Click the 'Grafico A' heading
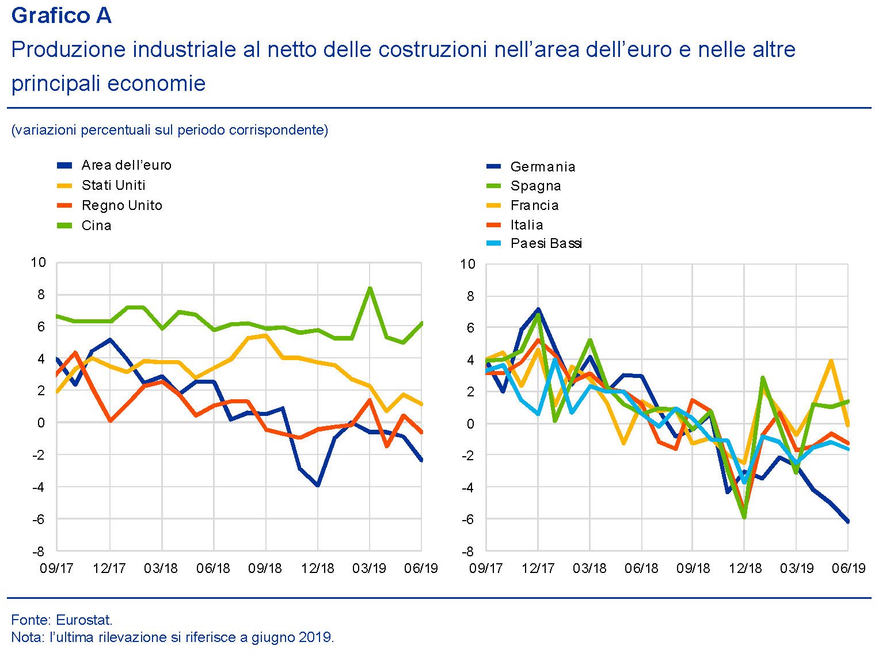[61, 16]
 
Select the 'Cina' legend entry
[96, 226]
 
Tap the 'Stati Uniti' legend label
[113, 185]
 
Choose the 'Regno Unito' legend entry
[121, 205]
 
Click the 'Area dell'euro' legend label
[126, 165]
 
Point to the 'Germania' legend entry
[542, 167]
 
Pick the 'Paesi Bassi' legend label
[546, 243]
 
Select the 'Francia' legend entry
[534, 205]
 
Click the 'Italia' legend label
[526, 225]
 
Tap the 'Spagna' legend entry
[535, 186]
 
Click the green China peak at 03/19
[370, 288]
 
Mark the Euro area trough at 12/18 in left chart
[317, 485]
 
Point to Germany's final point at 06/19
[848, 521]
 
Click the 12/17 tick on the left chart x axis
[109, 568]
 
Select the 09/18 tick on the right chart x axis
[693, 568]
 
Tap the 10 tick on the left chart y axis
[38, 263]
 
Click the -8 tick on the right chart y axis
[467, 551]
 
